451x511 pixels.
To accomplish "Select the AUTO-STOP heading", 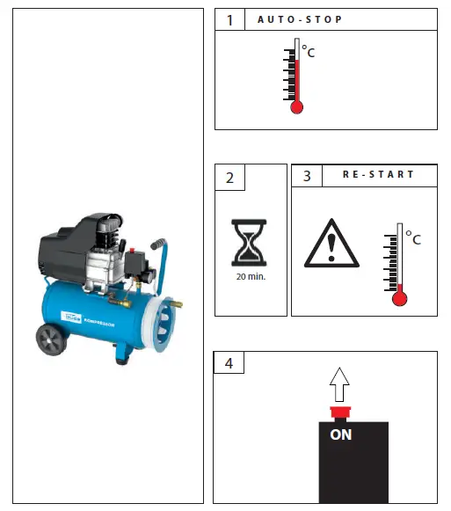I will [x=300, y=19].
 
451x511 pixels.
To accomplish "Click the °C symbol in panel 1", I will [x=308, y=53].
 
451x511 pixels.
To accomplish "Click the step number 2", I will [x=229, y=178].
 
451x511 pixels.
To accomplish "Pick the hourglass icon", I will [x=251, y=242].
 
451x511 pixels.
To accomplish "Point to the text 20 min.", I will [x=251, y=275].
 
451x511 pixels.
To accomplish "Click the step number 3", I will [x=306, y=175].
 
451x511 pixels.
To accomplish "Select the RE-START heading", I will [x=378, y=175].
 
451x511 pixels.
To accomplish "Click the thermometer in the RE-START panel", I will [x=399, y=264].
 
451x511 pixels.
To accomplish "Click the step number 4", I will [x=229, y=362].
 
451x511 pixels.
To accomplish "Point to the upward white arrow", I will [x=338, y=383].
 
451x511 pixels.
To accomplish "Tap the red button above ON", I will [x=338, y=412].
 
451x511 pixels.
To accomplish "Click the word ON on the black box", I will [x=339, y=434].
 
